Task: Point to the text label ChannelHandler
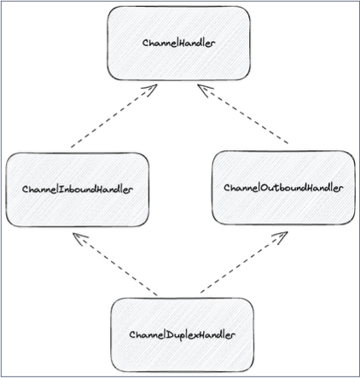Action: pos(180,42)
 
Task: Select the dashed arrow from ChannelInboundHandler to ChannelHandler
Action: pos(113,116)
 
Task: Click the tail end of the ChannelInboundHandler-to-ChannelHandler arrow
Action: pos(72,146)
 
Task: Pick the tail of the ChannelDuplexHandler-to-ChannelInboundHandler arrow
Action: pos(157,294)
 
